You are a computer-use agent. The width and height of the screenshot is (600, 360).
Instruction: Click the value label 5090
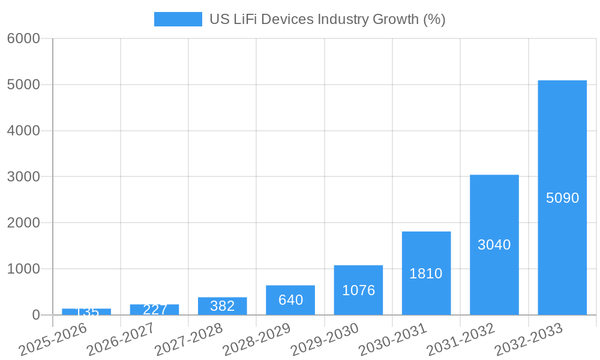click(x=562, y=197)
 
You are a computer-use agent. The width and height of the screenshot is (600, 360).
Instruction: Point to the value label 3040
click(x=494, y=245)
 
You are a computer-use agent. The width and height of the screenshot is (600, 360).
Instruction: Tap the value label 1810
click(x=426, y=274)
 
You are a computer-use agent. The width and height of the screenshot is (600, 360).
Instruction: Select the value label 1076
click(x=358, y=290)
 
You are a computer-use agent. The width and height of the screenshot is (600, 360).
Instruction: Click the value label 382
click(x=223, y=306)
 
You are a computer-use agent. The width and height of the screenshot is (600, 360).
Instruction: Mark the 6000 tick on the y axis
click(x=23, y=38)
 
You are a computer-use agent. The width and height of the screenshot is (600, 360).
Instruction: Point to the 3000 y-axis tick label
click(x=23, y=177)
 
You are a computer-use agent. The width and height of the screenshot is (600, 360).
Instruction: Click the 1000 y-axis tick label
click(x=23, y=269)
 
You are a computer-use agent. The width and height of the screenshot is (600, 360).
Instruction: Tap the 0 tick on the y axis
click(x=35, y=315)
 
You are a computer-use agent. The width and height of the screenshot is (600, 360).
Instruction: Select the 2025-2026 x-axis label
click(x=53, y=339)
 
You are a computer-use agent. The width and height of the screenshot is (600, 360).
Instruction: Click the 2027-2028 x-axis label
click(x=188, y=339)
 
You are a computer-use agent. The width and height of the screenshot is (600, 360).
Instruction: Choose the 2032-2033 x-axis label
click(x=528, y=339)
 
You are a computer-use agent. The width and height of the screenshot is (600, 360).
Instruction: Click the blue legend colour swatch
click(x=178, y=19)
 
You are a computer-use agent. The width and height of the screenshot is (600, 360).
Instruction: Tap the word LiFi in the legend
click(x=245, y=19)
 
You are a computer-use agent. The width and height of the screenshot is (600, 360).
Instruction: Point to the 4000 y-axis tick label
click(x=23, y=131)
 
